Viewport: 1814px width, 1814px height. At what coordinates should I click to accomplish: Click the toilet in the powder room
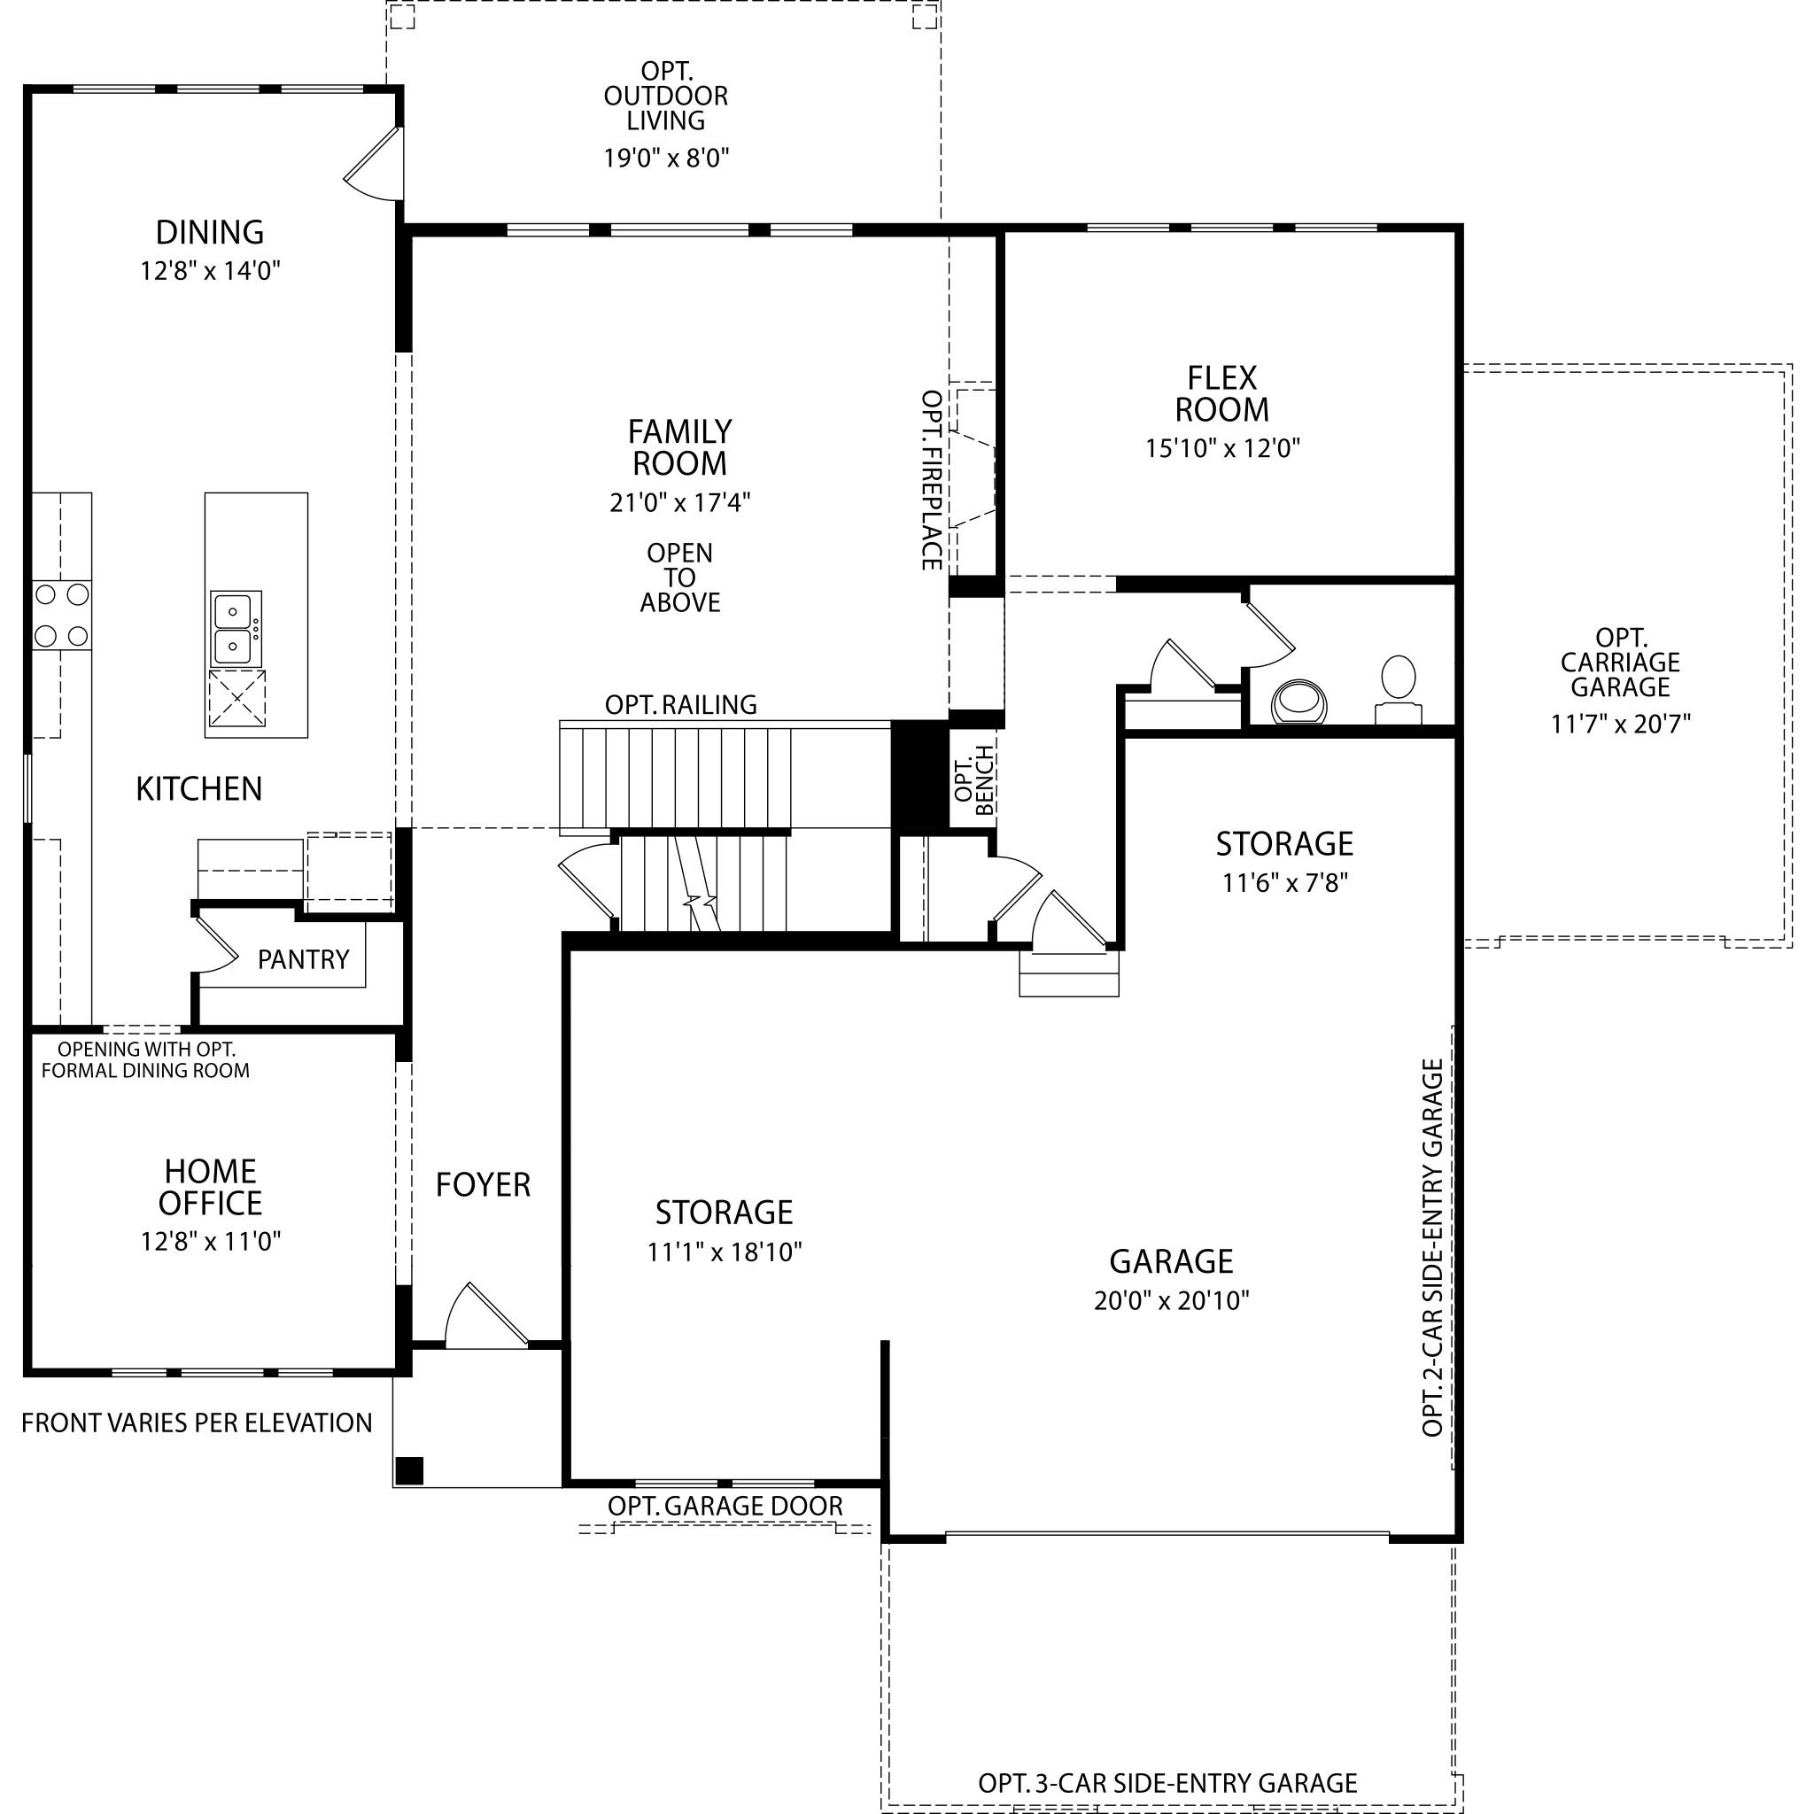point(1398,690)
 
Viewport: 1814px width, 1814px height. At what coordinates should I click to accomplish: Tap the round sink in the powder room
point(1299,702)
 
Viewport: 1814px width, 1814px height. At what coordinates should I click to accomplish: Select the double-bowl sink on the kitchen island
point(235,629)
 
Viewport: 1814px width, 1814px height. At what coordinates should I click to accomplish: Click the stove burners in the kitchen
point(62,616)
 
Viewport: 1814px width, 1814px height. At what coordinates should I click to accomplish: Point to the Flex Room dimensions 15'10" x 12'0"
point(1222,448)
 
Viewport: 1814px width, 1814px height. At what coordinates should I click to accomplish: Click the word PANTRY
point(303,958)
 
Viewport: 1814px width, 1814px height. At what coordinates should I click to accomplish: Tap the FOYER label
point(483,1185)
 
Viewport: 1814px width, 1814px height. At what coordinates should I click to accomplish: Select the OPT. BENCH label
point(973,779)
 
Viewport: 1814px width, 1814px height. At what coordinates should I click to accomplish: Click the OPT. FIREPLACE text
point(932,480)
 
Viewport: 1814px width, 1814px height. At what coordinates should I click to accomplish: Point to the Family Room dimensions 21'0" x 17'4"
point(679,502)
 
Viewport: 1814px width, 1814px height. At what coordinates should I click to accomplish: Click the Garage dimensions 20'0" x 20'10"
point(1171,1300)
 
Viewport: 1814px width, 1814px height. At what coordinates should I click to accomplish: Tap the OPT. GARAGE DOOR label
point(725,1505)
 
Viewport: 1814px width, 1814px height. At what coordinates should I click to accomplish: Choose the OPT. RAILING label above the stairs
point(681,704)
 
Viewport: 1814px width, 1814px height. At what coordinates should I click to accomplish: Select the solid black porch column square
point(409,1469)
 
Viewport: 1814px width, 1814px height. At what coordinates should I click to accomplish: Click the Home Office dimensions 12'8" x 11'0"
point(212,1241)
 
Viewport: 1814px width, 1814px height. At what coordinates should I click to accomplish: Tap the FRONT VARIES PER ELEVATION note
point(198,1423)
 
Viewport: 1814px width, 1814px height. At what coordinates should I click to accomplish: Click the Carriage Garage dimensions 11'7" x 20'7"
point(1621,724)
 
